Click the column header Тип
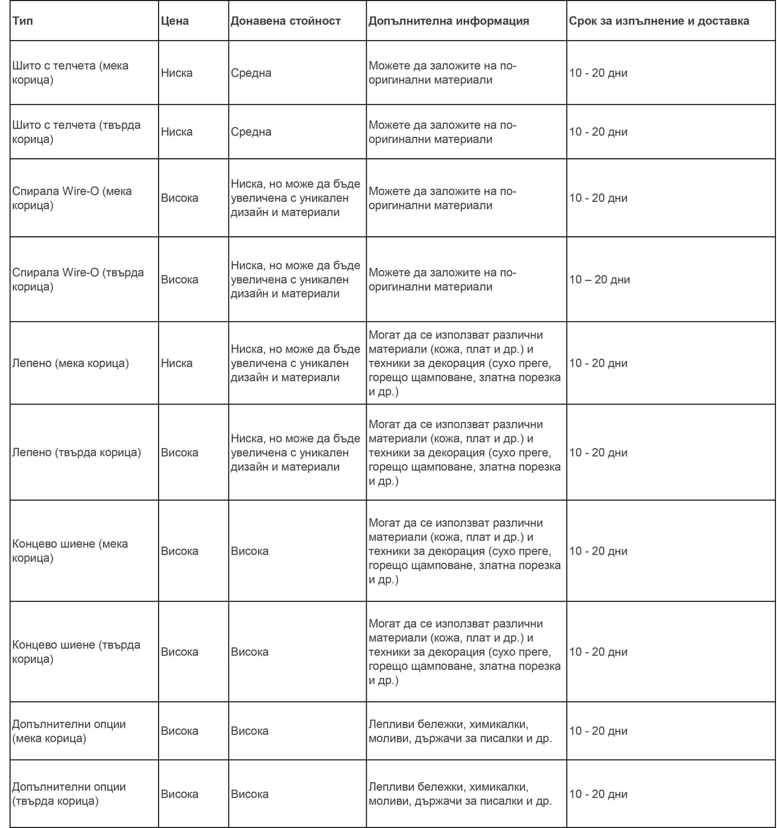coord(23,21)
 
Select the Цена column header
coord(175,21)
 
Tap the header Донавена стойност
coord(286,21)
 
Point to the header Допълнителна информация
coord(448,21)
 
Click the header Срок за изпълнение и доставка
coord(659,21)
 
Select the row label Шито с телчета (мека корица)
coord(70,72)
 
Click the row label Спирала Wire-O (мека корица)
coord(71,198)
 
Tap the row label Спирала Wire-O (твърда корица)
coord(78,279)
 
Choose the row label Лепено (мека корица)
coord(70,363)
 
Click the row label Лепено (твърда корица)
coord(76,452)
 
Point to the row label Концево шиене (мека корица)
coord(70,550)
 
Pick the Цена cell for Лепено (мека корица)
coord(177,363)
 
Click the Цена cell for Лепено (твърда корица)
coord(179,452)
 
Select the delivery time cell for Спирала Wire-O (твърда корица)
coord(599,279)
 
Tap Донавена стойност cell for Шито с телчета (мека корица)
coord(251,73)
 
